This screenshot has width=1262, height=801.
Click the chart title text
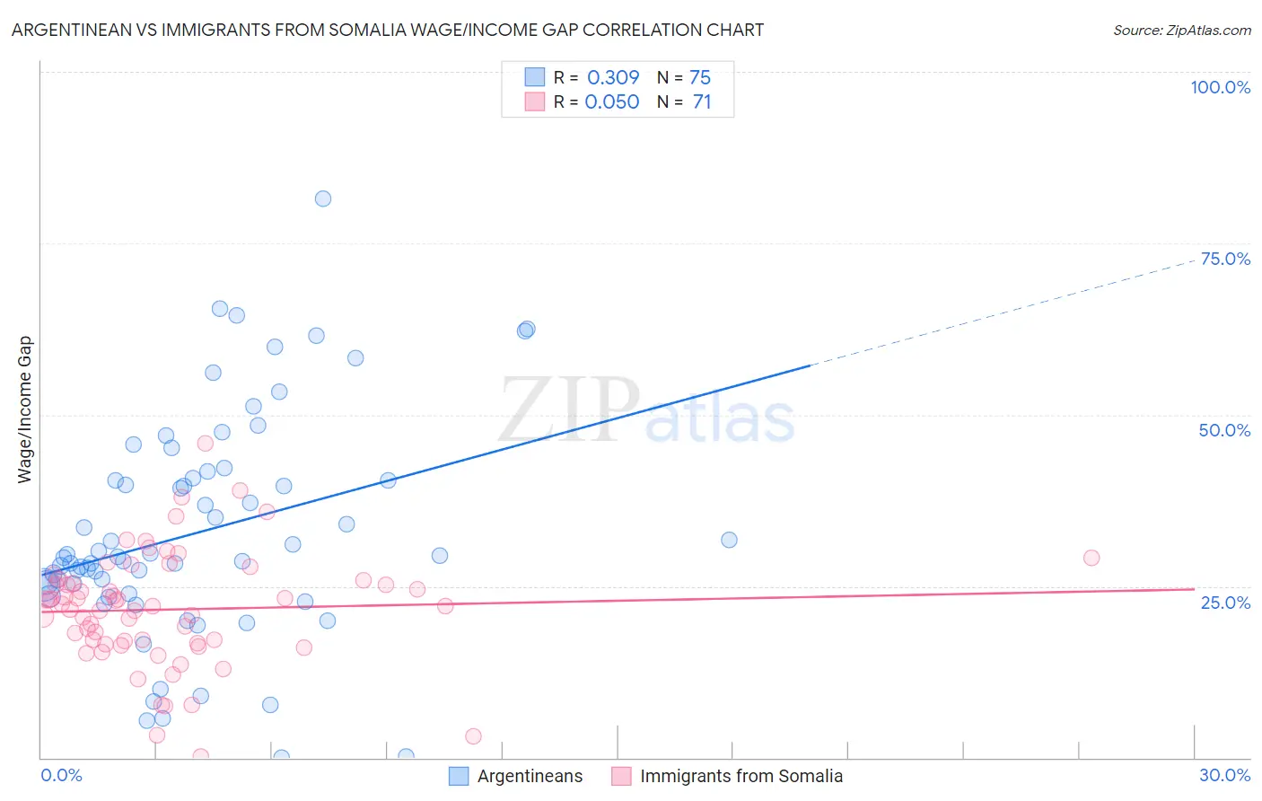pyautogui.click(x=388, y=30)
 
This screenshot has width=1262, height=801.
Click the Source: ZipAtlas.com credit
pyautogui.click(x=1181, y=30)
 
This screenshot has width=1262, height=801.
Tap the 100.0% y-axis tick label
pyautogui.click(x=1220, y=87)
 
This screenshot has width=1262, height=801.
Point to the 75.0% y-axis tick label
pyautogui.click(x=1225, y=259)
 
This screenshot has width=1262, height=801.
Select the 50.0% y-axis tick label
pyautogui.click(x=1224, y=430)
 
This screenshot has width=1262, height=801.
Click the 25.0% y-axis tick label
pyautogui.click(x=1225, y=603)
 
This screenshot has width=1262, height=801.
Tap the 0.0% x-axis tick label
pyautogui.click(x=61, y=775)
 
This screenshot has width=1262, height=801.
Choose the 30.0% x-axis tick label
pyautogui.click(x=1224, y=775)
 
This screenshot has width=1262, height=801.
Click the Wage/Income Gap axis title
pyautogui.click(x=25, y=409)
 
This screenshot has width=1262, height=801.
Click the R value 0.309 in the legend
pyautogui.click(x=613, y=77)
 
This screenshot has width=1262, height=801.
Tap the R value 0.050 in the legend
pyautogui.click(x=612, y=102)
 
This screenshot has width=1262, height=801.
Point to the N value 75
pyautogui.click(x=700, y=77)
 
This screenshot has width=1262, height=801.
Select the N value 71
pyautogui.click(x=702, y=102)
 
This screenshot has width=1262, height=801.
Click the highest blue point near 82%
pyautogui.click(x=323, y=198)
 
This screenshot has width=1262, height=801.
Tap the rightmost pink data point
pyautogui.click(x=1091, y=558)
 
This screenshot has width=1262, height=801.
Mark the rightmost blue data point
pyautogui.click(x=729, y=540)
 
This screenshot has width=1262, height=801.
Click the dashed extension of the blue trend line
pyautogui.click(x=1005, y=312)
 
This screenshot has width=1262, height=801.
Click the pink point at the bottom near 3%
pyautogui.click(x=473, y=736)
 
